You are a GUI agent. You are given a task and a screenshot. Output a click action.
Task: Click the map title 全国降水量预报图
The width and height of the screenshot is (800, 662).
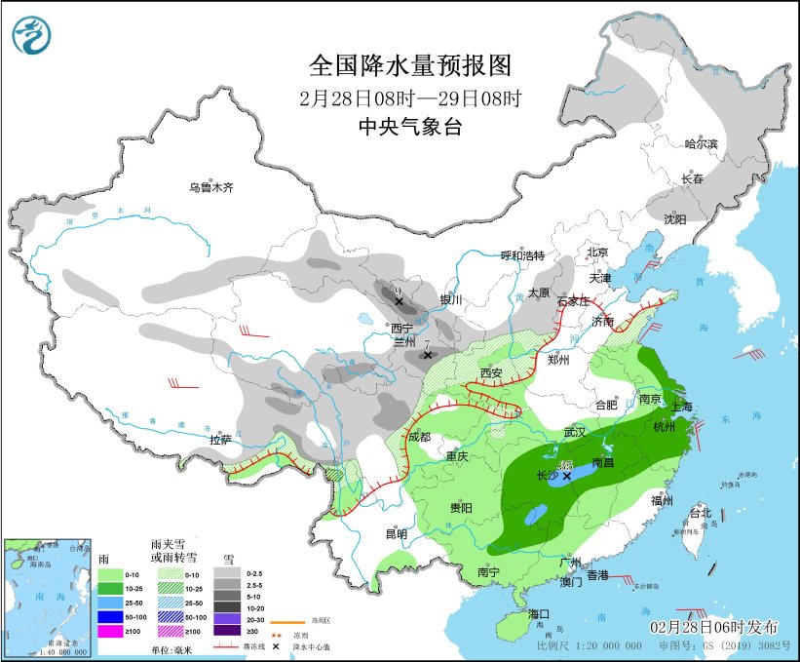pos(409,65)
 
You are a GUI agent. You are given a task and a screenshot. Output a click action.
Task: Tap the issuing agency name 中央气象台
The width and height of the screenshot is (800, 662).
pos(409,126)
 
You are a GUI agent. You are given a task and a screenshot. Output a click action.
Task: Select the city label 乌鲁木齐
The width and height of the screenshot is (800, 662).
pos(211,187)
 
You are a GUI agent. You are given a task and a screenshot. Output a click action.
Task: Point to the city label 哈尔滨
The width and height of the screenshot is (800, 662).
pos(701,144)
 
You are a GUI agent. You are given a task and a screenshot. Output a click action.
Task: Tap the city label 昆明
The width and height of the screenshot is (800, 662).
pos(397,533)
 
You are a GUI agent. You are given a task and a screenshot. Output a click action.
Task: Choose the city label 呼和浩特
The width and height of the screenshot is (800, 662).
pos(522,255)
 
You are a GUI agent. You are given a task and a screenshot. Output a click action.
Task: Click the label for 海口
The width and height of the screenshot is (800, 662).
pos(539,614)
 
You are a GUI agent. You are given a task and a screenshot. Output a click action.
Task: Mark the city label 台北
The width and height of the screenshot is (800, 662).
pos(701,513)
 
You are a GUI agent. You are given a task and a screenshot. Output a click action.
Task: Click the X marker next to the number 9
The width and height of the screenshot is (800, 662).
pos(399,302)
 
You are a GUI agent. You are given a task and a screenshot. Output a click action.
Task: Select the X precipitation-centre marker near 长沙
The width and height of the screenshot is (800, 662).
pos(567,475)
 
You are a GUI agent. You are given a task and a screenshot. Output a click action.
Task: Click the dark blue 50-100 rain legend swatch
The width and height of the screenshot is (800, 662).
pos(109,617)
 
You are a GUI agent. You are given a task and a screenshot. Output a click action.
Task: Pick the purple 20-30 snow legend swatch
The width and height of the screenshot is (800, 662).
pos(227,617)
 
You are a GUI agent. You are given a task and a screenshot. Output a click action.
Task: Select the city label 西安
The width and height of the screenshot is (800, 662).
pos(491,374)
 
